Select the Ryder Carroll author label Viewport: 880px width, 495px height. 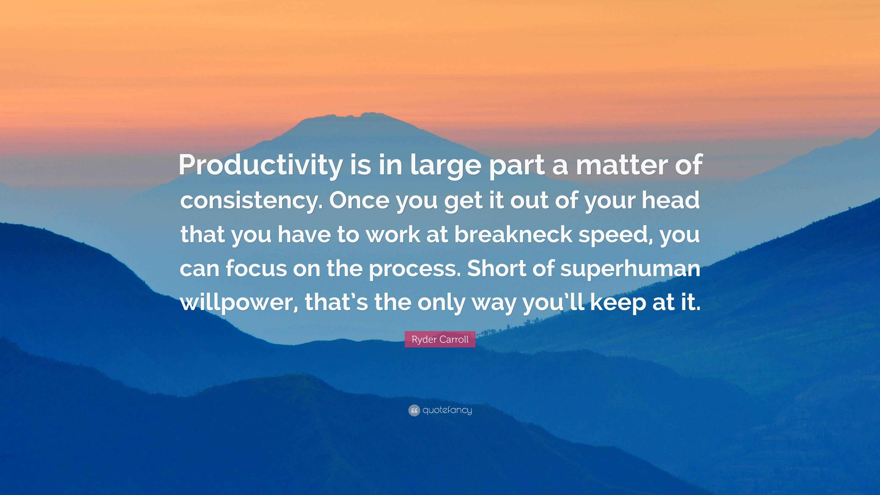[x=440, y=339]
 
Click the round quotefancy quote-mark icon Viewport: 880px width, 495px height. [x=414, y=410]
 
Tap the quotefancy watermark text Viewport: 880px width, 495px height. [x=447, y=410]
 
